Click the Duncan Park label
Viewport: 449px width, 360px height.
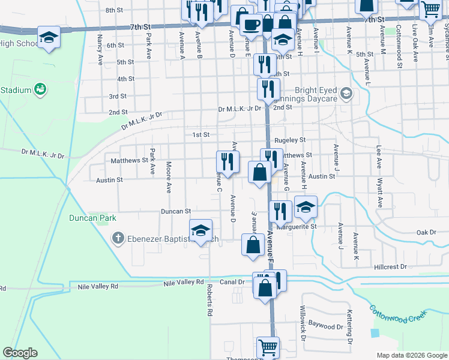(92, 218)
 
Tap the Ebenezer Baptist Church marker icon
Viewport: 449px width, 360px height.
(118, 239)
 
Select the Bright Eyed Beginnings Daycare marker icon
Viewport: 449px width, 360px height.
(346, 94)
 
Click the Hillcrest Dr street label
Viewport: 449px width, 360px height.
(390, 266)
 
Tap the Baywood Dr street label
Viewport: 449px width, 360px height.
(325, 326)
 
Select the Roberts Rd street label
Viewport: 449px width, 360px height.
(210, 300)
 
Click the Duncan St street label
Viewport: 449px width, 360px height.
(175, 211)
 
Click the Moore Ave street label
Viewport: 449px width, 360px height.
(169, 176)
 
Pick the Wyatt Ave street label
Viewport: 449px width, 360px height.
(380, 191)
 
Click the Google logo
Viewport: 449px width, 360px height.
(20, 353)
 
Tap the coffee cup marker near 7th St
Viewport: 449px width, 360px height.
(250, 24)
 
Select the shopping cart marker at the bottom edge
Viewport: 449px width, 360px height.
(268, 346)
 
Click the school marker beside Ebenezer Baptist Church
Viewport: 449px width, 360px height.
(201, 229)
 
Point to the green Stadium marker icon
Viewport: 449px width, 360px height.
(41, 90)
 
